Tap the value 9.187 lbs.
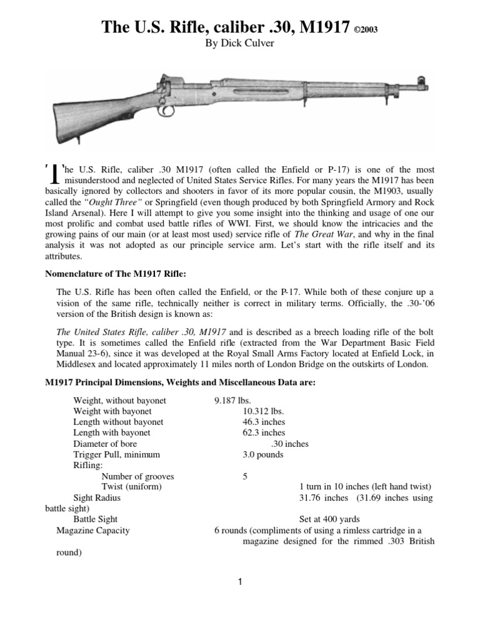pos(232,400)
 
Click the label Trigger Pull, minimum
pos(116,454)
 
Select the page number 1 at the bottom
pos(239,582)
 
